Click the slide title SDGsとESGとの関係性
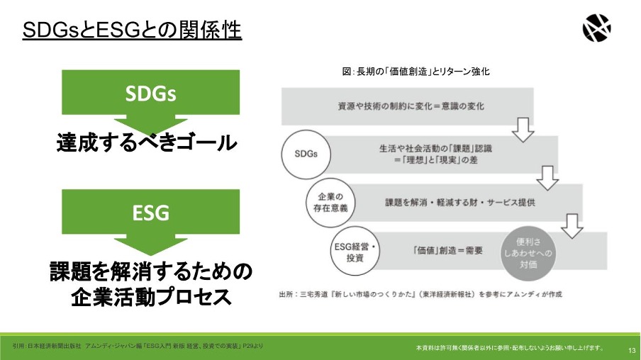click(x=132, y=30)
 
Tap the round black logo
click(x=596, y=28)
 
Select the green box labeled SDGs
click(x=150, y=92)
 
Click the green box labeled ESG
click(x=150, y=212)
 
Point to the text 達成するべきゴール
click(x=147, y=142)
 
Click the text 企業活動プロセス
click(x=151, y=297)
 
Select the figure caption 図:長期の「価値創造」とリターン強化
click(x=416, y=72)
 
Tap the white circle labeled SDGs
click(x=306, y=154)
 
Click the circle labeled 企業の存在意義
click(x=330, y=202)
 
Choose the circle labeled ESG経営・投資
click(x=355, y=251)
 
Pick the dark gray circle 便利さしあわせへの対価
click(x=528, y=254)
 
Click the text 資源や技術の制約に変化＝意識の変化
click(x=411, y=106)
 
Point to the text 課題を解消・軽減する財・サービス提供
click(x=460, y=202)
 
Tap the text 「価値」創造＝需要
click(x=447, y=250)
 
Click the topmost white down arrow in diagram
click(x=523, y=130)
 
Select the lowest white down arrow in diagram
click(x=572, y=226)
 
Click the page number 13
click(x=632, y=351)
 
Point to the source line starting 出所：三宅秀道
click(x=420, y=294)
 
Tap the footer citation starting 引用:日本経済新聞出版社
click(x=138, y=346)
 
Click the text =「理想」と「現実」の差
click(x=435, y=159)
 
